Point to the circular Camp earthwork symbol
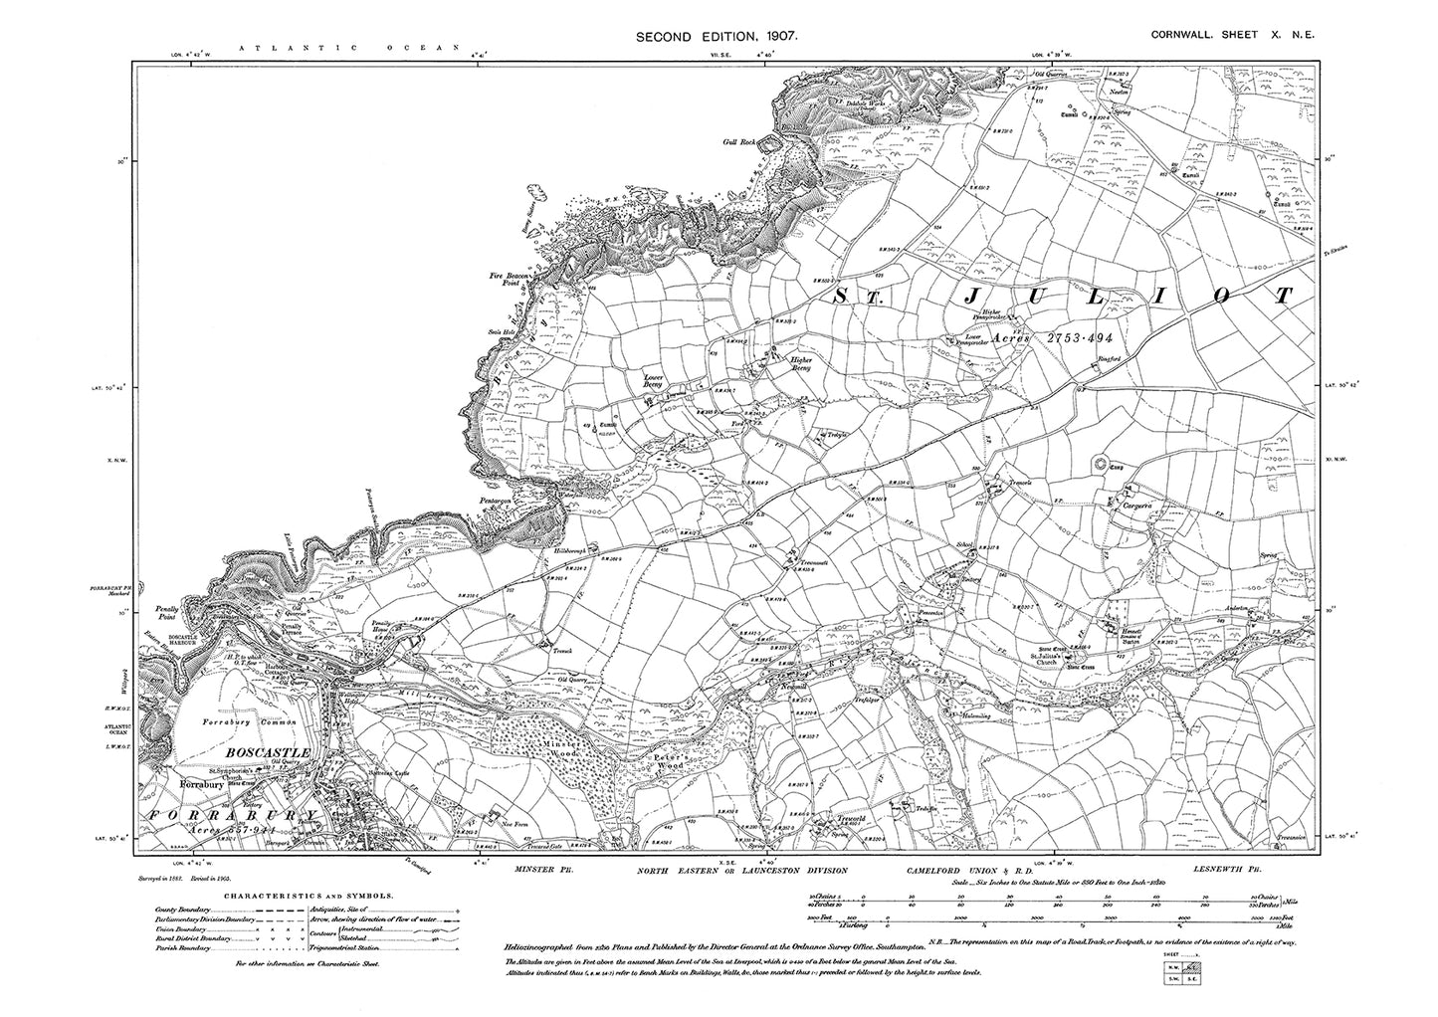tap(1101, 462)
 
